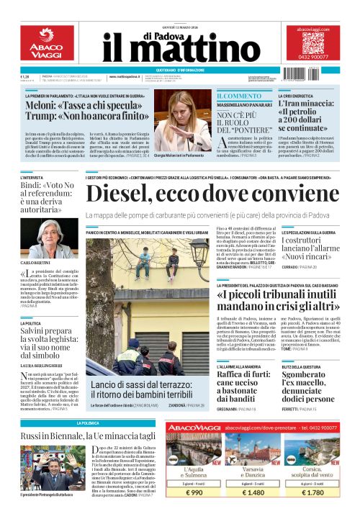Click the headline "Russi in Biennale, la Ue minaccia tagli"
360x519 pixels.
[x=89, y=436]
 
